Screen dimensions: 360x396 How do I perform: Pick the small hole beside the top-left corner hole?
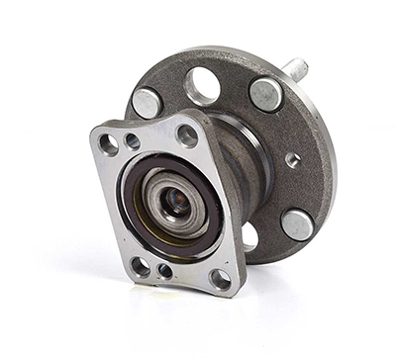pos(133,141)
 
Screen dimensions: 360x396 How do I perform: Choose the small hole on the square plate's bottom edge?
pos(164,270)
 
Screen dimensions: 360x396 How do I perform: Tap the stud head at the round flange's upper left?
pos(148,103)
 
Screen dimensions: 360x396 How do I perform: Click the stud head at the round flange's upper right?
pos(265,94)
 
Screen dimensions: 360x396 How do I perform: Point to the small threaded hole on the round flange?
pos(293,159)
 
